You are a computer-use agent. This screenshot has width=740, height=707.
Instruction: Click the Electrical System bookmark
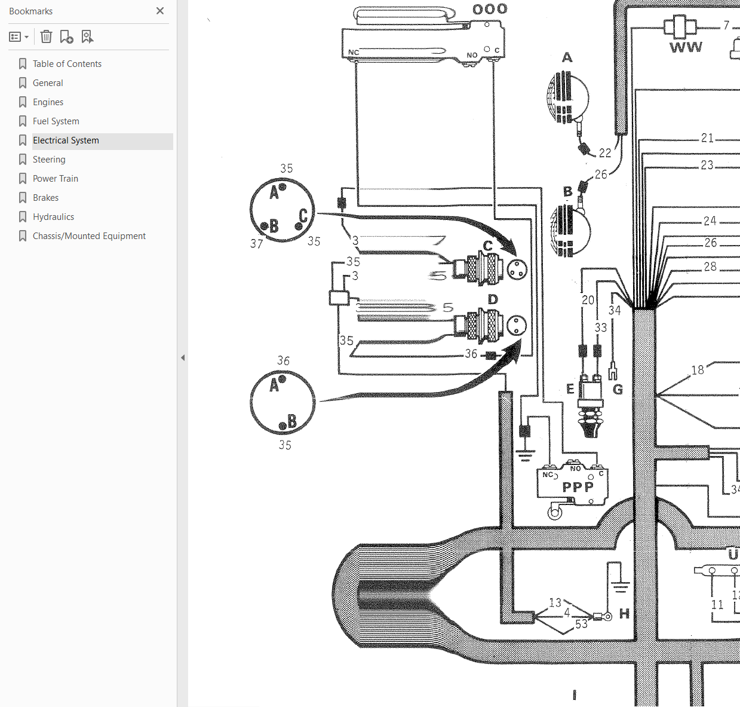pos(66,140)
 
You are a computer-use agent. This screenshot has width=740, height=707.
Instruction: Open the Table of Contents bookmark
pos(67,64)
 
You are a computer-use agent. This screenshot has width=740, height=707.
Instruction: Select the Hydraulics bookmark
pos(53,217)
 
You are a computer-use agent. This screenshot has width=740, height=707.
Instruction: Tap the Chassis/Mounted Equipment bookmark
pos(89,236)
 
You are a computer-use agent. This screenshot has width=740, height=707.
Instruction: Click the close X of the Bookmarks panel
pos(160,11)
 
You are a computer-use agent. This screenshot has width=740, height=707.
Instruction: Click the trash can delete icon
pos(47,36)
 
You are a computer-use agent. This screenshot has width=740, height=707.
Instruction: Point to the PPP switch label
pos(578,486)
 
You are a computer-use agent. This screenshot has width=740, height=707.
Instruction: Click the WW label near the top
pos(686,47)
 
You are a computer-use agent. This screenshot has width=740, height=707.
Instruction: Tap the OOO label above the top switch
pos(490,9)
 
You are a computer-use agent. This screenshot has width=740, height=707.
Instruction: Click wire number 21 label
pos(707,137)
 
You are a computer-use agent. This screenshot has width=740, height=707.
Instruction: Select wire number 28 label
pos(710,267)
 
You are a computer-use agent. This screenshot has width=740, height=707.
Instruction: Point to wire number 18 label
pos(698,370)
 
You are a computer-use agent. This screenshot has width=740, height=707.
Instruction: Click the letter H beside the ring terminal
pos(624,613)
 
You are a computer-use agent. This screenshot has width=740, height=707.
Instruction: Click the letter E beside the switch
pos(570,389)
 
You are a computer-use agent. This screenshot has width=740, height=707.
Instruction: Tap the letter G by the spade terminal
pos(618,389)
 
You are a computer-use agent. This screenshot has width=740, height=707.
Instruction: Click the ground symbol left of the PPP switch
pos(525,455)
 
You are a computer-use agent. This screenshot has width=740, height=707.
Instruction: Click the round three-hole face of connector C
pos(517,270)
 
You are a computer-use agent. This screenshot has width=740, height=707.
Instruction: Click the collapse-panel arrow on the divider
pos(183,358)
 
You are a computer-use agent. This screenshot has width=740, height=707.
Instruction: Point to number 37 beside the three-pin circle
pos(257,243)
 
